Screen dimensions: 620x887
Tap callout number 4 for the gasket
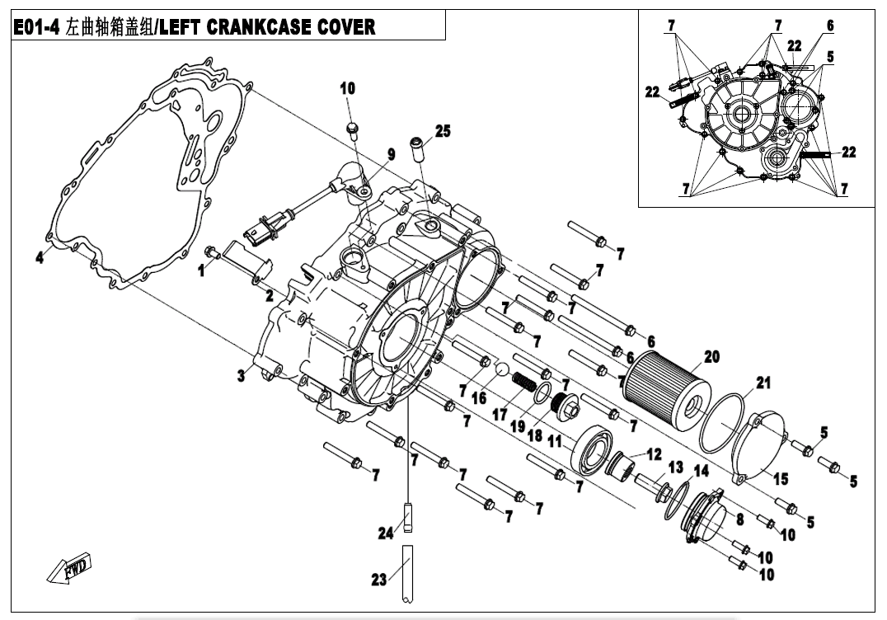point(39,258)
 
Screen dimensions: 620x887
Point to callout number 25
point(443,131)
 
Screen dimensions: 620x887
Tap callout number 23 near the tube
point(378,580)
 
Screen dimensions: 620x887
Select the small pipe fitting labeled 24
point(407,519)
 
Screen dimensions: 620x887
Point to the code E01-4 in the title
point(40,27)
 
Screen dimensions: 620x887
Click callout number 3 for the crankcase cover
point(241,376)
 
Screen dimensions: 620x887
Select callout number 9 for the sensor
point(392,154)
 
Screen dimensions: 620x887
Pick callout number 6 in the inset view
point(829,26)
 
